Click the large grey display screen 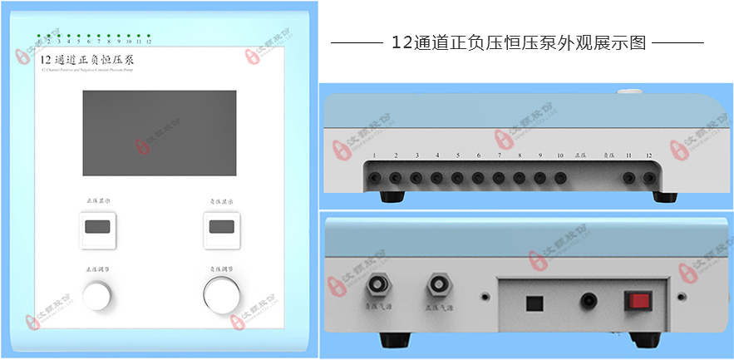[x=159, y=133]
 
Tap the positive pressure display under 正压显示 [x=97, y=227]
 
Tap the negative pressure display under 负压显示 [x=221, y=227]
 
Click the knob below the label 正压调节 [x=96, y=296]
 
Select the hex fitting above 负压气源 [x=380, y=284]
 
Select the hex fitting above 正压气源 [x=437, y=284]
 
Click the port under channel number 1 [x=375, y=177]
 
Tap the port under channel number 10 [x=560, y=177]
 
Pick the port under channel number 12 [x=649, y=177]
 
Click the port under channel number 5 [x=457, y=177]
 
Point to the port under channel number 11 [x=628, y=177]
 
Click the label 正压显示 [x=98, y=201]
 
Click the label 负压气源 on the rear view [x=378, y=308]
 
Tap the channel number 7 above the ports [x=499, y=156]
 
